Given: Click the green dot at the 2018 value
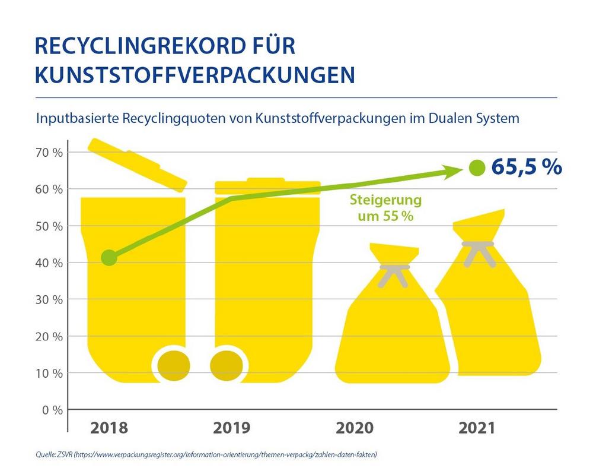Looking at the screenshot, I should coord(109,257).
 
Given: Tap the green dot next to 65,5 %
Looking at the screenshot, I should coord(476,168).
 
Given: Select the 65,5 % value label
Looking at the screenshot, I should coord(526,167).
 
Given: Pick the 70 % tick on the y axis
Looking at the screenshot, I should coord(49,152).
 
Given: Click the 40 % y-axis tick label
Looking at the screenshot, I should coord(49,263).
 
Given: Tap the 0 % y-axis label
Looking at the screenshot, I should coord(52,410).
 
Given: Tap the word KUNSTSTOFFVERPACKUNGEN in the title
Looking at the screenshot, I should coord(195,75).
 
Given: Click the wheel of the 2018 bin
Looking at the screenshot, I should coord(173,362).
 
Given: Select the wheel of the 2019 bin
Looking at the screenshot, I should coord(228,362).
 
